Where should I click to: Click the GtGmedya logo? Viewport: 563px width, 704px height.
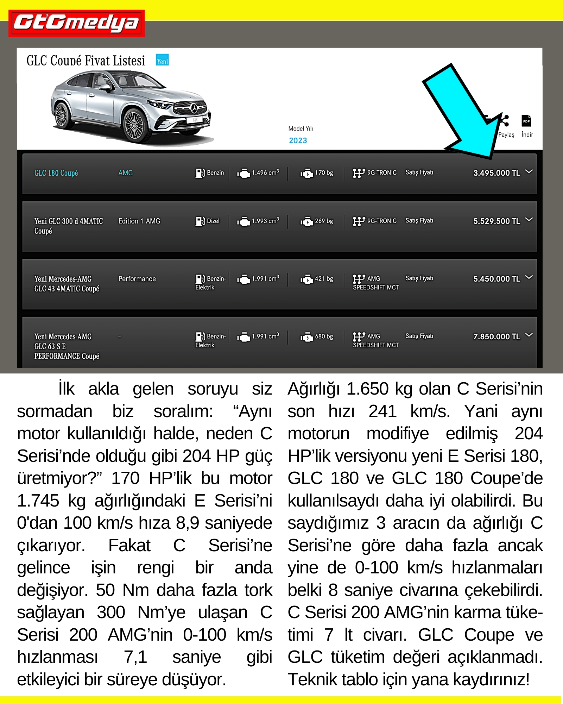pyautogui.click(x=76, y=23)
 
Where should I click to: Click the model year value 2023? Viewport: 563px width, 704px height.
pyautogui.click(x=298, y=140)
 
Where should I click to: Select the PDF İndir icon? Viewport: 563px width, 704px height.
pyautogui.click(x=526, y=121)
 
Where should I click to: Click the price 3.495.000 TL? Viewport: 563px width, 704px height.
pyautogui.click(x=496, y=173)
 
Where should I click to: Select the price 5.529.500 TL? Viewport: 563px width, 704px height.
pyautogui.click(x=496, y=221)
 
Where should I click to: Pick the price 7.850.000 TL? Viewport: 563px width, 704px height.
pyautogui.click(x=496, y=337)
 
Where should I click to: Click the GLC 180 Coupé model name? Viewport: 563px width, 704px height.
pyautogui.click(x=56, y=173)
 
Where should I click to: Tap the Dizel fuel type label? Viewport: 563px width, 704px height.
pyautogui.click(x=213, y=221)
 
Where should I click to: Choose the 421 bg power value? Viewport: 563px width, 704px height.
pyautogui.click(x=324, y=279)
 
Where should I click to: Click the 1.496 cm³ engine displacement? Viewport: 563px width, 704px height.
pyautogui.click(x=265, y=173)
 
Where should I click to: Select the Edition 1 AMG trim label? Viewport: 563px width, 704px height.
pyautogui.click(x=139, y=221)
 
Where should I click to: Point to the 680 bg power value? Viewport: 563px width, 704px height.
pyautogui.click(x=324, y=337)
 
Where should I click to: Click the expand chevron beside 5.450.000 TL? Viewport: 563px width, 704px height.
pyautogui.click(x=529, y=277)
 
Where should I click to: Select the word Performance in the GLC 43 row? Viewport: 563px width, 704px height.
pyautogui.click(x=137, y=279)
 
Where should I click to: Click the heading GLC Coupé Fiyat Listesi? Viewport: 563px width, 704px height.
pyautogui.click(x=86, y=61)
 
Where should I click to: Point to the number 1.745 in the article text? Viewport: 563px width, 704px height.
pyautogui.click(x=38, y=501)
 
